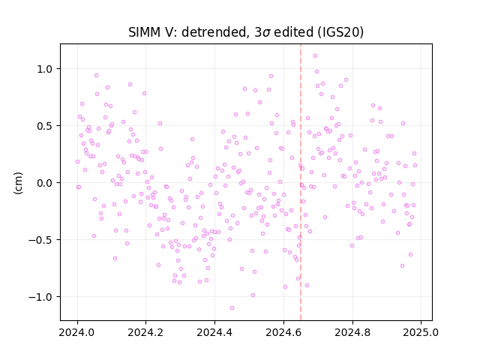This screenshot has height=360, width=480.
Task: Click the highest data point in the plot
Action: [x=315, y=56]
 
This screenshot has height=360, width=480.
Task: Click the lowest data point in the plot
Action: [x=232, y=308]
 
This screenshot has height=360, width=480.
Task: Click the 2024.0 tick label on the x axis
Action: [x=77, y=332]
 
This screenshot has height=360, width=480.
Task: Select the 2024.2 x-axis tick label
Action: [x=146, y=332]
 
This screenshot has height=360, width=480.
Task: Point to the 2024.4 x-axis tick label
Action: [x=215, y=332]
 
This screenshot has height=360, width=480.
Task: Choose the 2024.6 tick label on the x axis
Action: [x=283, y=332]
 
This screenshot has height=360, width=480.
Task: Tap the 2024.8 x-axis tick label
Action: [x=352, y=332]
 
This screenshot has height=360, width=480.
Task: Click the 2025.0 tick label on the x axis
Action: [x=421, y=332]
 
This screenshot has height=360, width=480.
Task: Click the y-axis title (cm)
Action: [x=18, y=183]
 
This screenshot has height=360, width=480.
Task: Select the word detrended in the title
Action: [x=214, y=32]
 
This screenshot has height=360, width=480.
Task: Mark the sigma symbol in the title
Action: [x=266, y=33]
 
